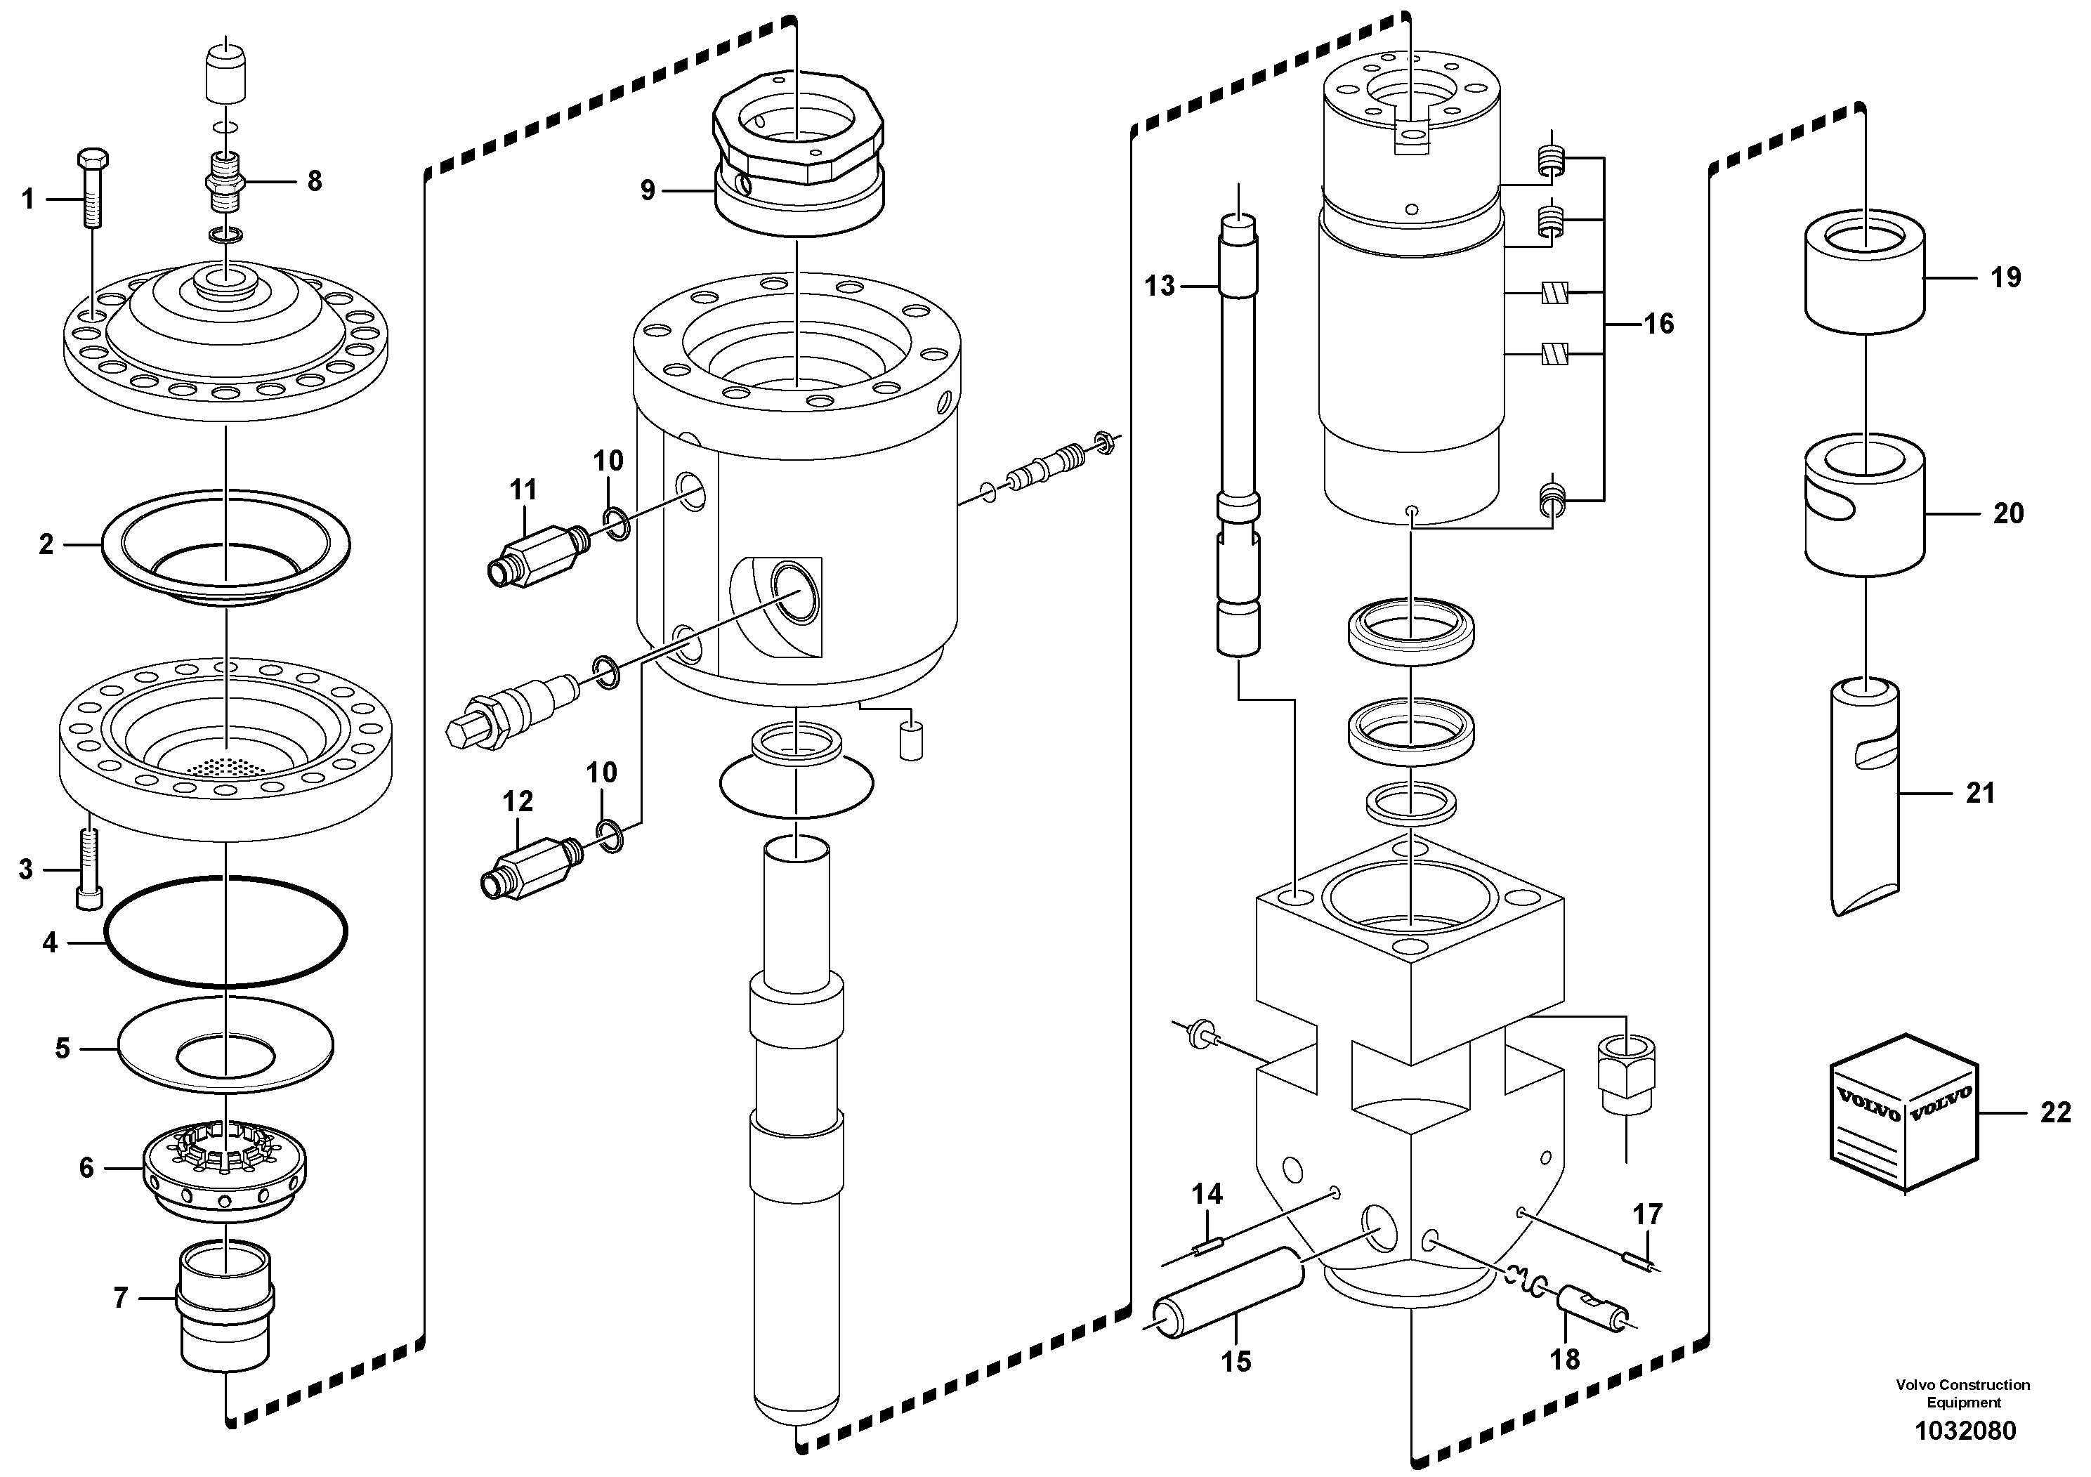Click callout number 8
coord(314,180)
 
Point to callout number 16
coord(1658,323)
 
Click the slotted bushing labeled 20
coord(1864,515)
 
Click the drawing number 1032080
coord(1965,1430)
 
